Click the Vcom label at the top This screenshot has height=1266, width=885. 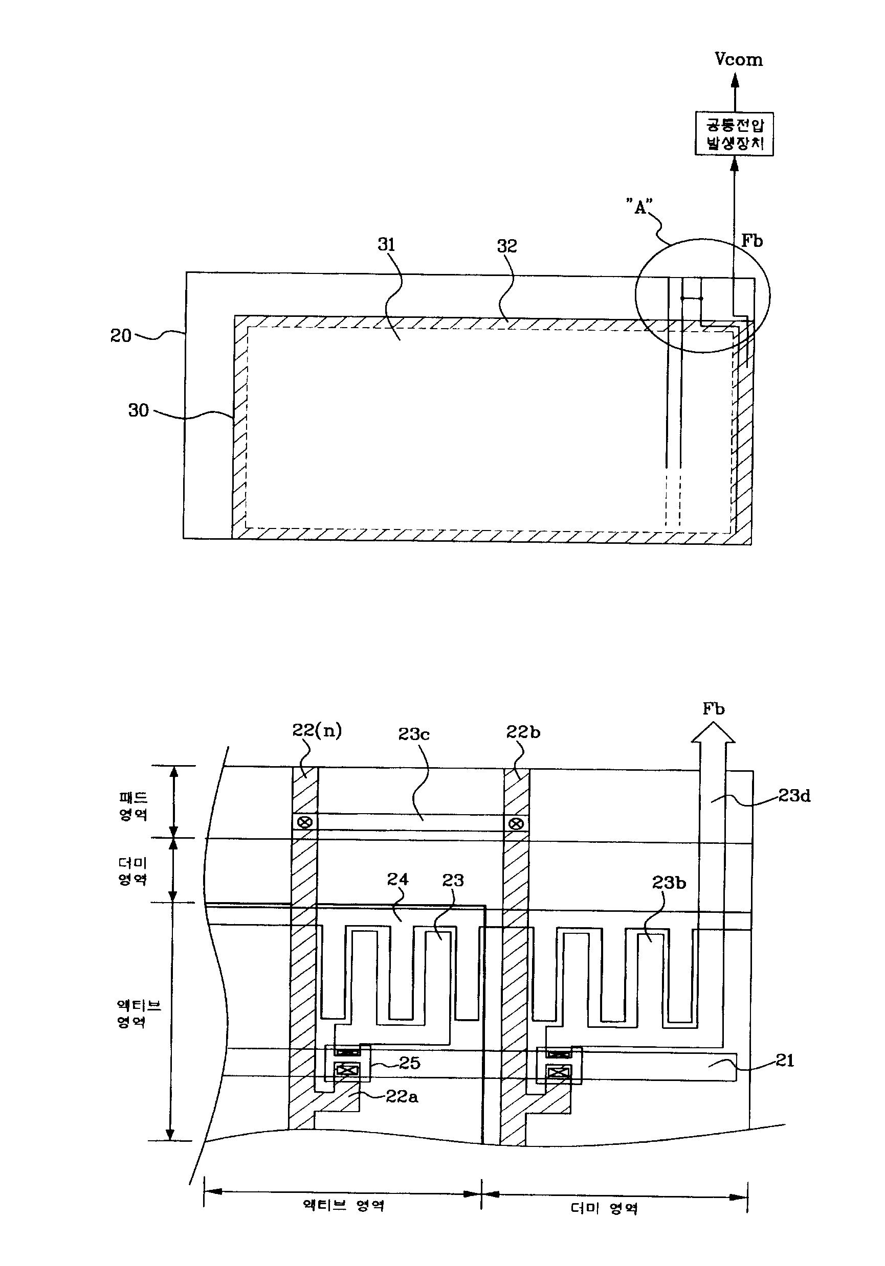[738, 59]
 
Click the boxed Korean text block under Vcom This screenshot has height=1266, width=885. [734, 134]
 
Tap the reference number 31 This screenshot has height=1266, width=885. [386, 244]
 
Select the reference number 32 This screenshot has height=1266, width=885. [507, 246]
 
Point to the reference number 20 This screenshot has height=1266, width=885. [121, 335]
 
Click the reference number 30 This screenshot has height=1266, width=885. [139, 410]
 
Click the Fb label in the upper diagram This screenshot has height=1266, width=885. [751, 240]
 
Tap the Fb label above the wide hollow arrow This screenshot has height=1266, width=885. [714, 708]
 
